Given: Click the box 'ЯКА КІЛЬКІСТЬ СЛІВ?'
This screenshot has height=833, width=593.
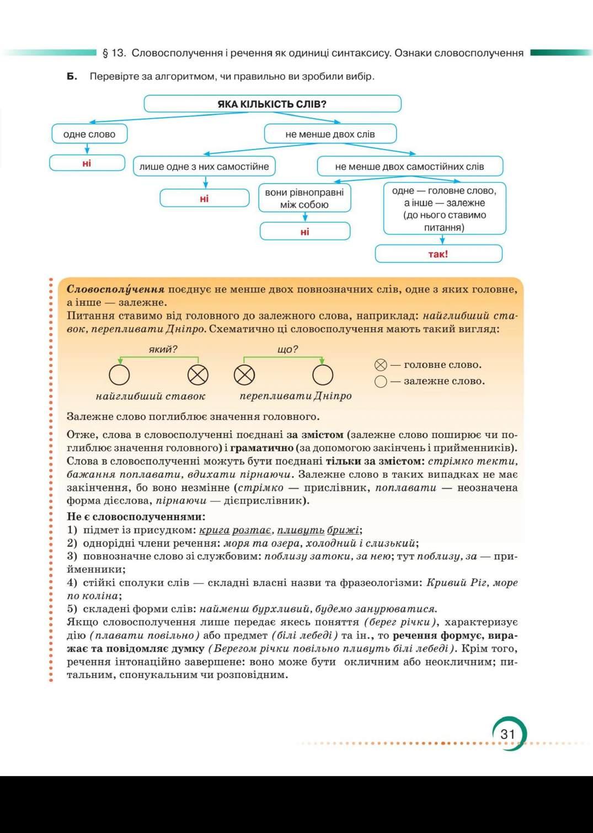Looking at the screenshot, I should pos(272,104).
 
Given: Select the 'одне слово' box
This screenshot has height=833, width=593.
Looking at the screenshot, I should pos(89,134).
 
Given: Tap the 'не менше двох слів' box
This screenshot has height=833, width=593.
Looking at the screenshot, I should pos(330,134).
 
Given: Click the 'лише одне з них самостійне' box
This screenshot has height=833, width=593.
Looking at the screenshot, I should pos(204,166).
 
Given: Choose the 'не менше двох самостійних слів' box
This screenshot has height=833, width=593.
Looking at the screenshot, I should pos(409,166).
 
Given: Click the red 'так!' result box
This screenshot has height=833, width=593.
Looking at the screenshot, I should pos(439,254).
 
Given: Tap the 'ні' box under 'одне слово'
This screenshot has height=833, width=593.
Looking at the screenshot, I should pos(87,163).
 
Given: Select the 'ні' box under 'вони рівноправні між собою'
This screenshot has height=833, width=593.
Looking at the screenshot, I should pos(305,232).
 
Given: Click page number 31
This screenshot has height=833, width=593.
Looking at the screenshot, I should pos(507,734).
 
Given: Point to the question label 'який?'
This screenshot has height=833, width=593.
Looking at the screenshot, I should pos(163,349).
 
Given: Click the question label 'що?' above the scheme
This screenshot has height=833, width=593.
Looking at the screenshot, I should pos(287,349).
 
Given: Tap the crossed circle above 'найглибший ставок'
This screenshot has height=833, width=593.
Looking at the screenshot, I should pos(198,375).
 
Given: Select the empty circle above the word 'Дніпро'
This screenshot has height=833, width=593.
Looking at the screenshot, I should pos(323,375).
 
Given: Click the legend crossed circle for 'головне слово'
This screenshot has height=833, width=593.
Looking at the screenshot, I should pos(381,365).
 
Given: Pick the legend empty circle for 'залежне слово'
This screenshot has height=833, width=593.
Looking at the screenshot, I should pos(381,381).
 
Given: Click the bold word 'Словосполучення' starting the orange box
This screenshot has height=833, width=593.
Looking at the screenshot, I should pos(115,289).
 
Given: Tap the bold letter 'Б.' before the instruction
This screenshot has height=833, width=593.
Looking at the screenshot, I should pos(72,76).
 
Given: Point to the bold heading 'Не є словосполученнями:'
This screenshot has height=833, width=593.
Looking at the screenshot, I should pos(136,516).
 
